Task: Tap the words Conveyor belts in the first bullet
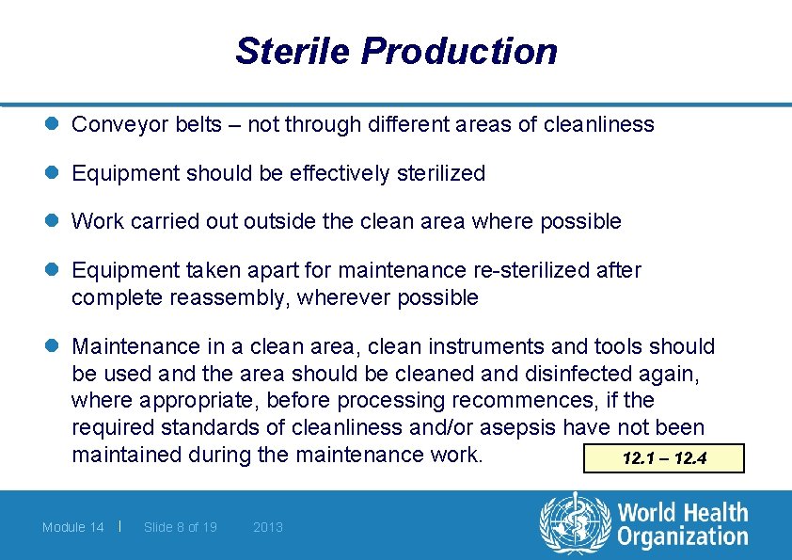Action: [x=142, y=124]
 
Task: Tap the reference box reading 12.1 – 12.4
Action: [x=664, y=459]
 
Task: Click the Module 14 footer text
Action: [x=73, y=527]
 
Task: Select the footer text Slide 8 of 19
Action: [x=181, y=527]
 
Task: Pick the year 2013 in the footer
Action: [x=268, y=527]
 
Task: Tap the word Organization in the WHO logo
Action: [x=683, y=537]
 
